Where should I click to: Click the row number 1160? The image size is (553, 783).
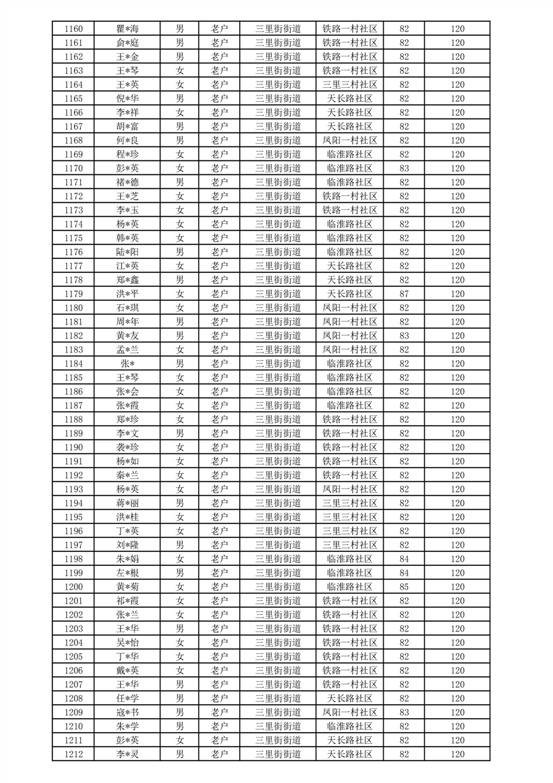(73, 29)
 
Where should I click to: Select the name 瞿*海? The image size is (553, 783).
(127, 29)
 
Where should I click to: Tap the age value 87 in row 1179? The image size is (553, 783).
(404, 294)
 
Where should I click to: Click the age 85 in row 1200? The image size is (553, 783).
(404, 587)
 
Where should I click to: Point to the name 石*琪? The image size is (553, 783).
(127, 308)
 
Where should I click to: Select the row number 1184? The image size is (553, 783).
(73, 364)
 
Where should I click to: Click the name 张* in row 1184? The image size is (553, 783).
(127, 364)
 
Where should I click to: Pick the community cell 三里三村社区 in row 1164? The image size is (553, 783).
(349, 84)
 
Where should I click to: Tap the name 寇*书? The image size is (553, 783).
(127, 713)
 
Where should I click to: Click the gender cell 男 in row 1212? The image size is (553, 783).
(180, 754)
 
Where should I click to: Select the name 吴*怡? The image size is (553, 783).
(127, 643)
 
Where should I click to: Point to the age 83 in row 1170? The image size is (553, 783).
(404, 168)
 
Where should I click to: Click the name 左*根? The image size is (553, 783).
(127, 573)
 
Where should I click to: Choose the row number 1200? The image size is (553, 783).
(73, 587)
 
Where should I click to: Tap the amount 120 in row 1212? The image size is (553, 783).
(457, 754)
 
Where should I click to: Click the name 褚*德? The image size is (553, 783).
(127, 182)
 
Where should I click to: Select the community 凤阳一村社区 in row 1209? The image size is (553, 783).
(349, 713)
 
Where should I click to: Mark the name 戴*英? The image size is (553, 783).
(127, 671)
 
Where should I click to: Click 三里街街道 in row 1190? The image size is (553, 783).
(278, 447)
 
